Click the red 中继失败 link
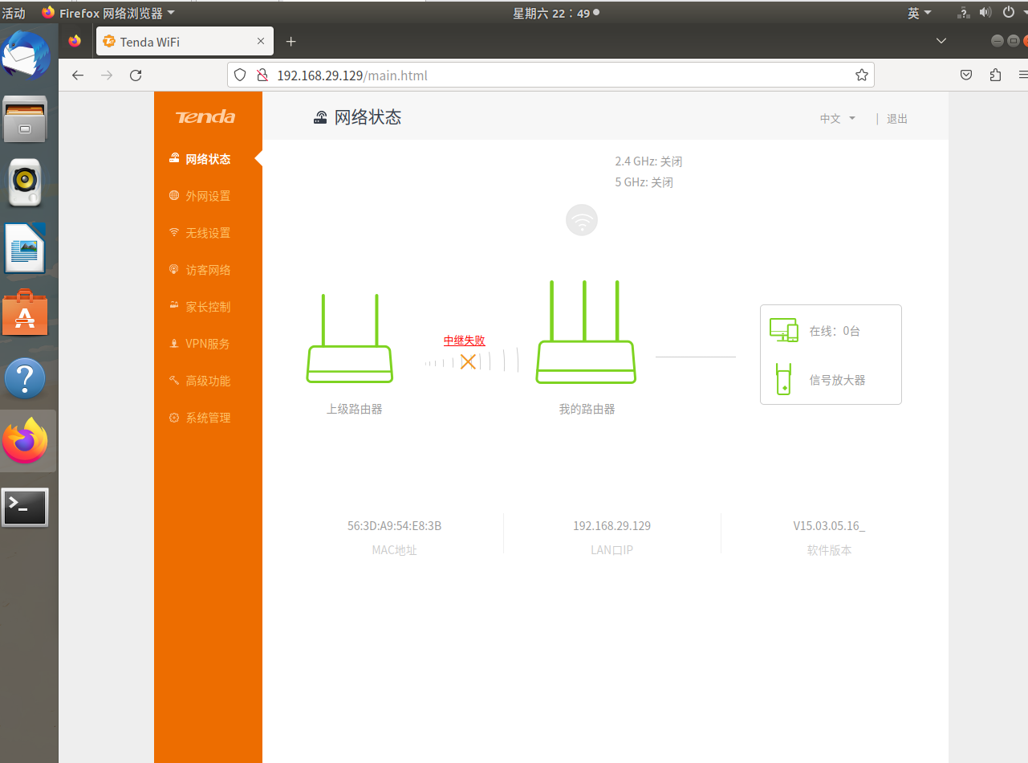click(464, 341)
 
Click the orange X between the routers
click(468, 361)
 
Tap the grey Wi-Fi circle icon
click(582, 220)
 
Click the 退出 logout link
click(897, 119)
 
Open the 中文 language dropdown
click(837, 119)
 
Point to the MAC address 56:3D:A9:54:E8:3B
click(394, 525)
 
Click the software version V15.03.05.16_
click(829, 525)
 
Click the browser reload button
click(136, 75)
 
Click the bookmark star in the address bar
click(862, 75)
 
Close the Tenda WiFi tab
click(261, 41)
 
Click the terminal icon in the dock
click(25, 507)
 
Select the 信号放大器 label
click(837, 381)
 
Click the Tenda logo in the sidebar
click(205, 117)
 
